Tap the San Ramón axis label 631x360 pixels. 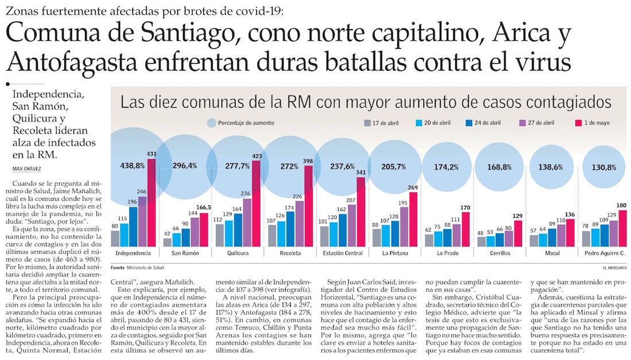click(x=186, y=252)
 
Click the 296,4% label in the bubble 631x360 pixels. click(x=185, y=166)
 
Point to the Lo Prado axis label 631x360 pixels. click(x=447, y=252)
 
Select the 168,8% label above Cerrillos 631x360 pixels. click(x=499, y=167)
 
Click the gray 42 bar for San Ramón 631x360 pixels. click(x=168, y=242)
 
